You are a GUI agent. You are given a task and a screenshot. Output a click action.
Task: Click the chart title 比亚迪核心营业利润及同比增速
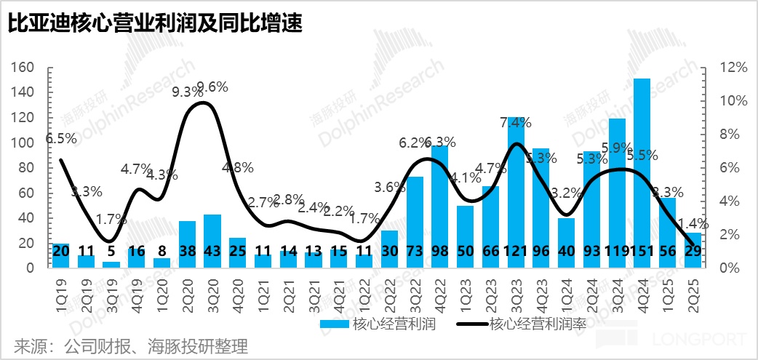click(156, 24)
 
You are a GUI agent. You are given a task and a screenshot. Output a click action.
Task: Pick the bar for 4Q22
click(440, 204)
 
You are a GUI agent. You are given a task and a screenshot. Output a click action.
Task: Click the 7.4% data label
click(516, 121)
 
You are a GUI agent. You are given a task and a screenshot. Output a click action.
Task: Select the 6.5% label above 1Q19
click(60, 138)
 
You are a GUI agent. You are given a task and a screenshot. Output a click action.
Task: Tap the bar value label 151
click(642, 251)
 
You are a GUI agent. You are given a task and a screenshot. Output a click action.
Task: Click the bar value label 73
click(415, 251)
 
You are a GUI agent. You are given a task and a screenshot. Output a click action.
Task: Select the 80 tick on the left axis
click(28, 167)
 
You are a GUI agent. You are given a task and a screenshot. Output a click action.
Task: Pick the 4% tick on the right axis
click(730, 201)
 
